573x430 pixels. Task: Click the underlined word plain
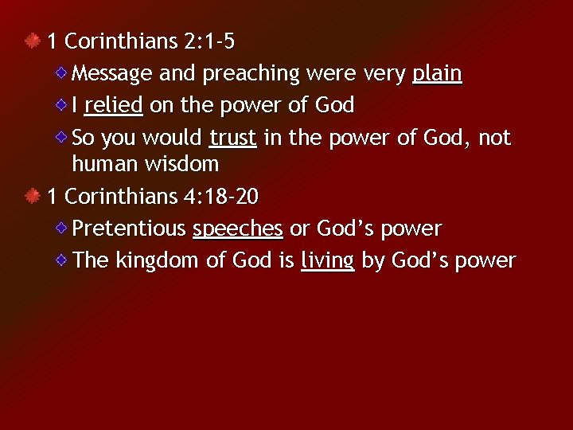[437, 74]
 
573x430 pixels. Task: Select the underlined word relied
[113, 105]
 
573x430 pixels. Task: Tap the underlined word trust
[232, 138]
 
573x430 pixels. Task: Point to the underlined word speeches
[238, 229]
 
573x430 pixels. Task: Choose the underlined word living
[328, 260]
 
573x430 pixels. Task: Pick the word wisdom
[182, 165]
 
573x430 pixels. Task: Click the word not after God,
[494, 138]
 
